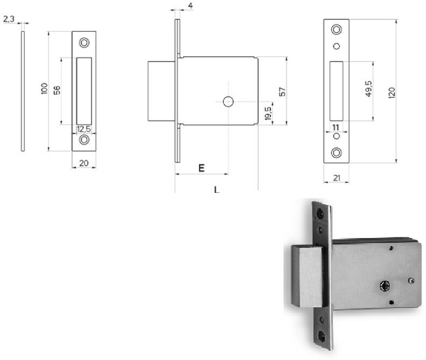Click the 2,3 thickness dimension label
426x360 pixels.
click(9, 19)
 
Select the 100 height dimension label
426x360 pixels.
click(44, 89)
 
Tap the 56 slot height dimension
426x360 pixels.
click(57, 90)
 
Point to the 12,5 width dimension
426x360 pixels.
click(84, 129)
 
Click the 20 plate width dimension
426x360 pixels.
click(84, 163)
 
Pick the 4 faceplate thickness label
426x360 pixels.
click(190, 5)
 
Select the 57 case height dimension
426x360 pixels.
click(282, 92)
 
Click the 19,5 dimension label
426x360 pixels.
click(268, 113)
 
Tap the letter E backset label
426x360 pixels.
click(201, 168)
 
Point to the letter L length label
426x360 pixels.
click(217, 189)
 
